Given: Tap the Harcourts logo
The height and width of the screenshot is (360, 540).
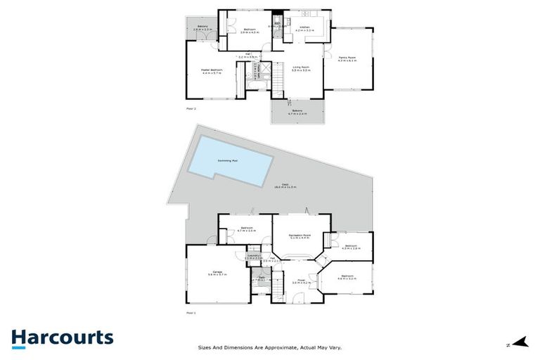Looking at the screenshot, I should [62, 337].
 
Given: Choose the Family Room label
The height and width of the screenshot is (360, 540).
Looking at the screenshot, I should [347, 59].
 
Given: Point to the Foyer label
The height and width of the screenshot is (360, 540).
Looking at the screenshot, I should [301, 281].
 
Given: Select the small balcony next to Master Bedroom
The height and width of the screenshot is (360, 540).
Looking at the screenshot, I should [202, 29].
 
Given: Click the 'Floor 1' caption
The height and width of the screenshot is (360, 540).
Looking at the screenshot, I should [190, 311].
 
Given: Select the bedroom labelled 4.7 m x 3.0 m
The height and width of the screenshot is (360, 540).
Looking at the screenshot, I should [246, 229].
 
